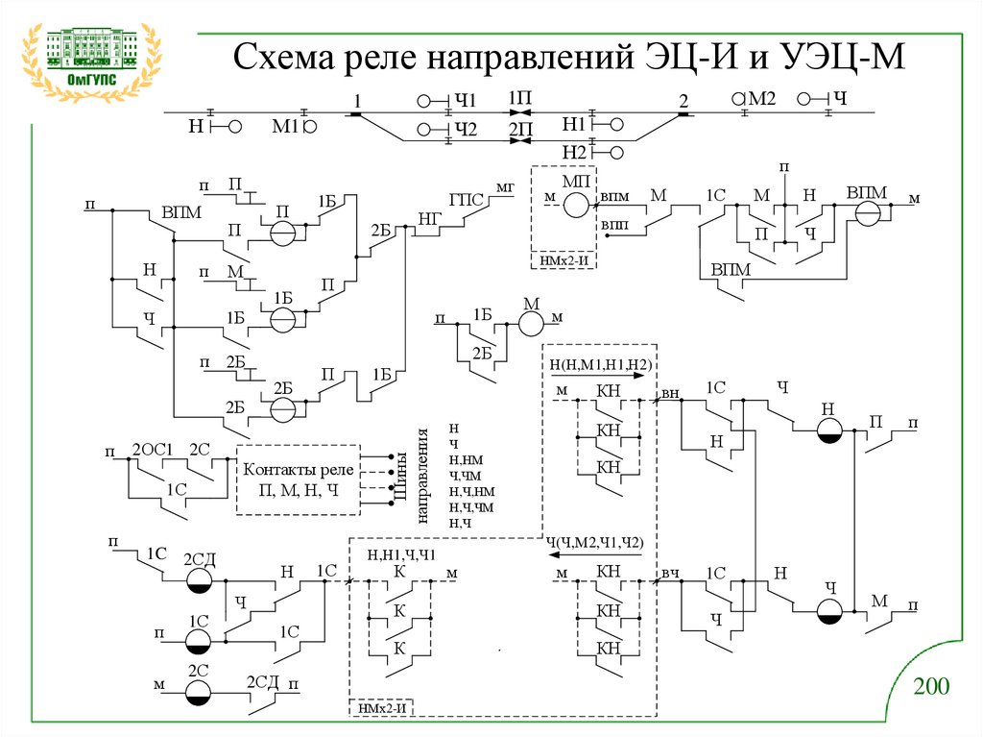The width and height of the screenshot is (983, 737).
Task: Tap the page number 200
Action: pyautogui.click(x=930, y=687)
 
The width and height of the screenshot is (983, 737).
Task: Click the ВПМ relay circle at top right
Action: pyautogui.click(x=870, y=214)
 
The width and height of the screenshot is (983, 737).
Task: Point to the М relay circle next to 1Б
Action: pyautogui.click(x=531, y=324)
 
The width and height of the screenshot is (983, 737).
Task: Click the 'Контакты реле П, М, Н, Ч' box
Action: pyautogui.click(x=298, y=479)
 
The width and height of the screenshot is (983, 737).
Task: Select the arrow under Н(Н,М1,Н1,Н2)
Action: pyautogui.click(x=601, y=378)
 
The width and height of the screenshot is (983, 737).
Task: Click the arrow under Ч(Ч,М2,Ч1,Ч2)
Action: pyautogui.click(x=601, y=554)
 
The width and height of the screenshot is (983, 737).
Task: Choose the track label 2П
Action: pyautogui.click(x=520, y=128)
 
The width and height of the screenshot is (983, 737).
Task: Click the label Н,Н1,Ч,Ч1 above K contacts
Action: pyautogui.click(x=402, y=554)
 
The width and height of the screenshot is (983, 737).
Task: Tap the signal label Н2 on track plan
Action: pyautogui.click(x=575, y=151)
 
